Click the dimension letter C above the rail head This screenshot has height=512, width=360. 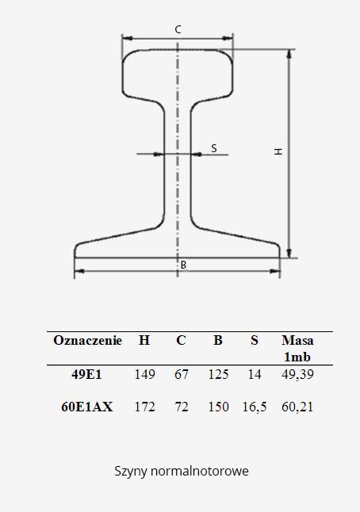[178, 29]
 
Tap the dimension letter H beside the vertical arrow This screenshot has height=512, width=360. [278, 151]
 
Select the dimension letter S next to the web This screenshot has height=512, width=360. [213, 148]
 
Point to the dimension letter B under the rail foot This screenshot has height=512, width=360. [182, 265]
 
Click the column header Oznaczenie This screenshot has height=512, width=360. [87, 341]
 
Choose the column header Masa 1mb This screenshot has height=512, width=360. [297, 349]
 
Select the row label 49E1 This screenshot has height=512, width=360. [87, 374]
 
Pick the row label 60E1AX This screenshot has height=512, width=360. [87, 407]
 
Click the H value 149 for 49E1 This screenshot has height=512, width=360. [144, 374]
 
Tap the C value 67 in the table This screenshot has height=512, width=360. [181, 374]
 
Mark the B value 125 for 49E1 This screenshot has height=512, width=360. [217, 374]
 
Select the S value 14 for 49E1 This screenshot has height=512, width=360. [254, 374]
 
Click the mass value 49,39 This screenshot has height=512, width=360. [297, 374]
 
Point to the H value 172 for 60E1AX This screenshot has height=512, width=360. [144, 407]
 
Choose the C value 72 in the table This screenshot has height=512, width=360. [181, 407]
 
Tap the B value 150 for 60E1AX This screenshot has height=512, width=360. [217, 407]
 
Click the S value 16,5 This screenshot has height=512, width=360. [254, 407]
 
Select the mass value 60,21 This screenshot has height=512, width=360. [297, 407]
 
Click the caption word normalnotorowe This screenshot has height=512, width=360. [197, 471]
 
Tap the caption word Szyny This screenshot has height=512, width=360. [129, 472]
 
